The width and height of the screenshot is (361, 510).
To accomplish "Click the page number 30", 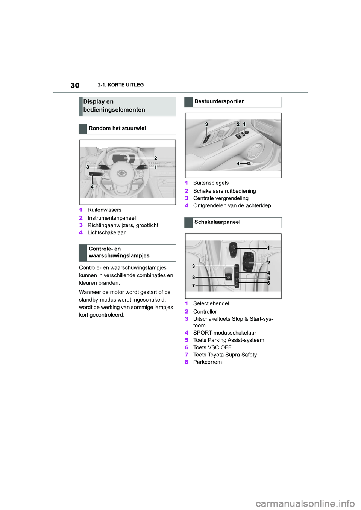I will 75,85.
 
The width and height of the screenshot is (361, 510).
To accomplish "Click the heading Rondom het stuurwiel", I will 117,128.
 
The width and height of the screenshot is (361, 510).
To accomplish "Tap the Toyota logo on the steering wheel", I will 121,173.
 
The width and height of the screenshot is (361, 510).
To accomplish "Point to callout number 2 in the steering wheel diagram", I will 155,158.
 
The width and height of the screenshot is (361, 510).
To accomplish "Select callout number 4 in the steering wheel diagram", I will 92,187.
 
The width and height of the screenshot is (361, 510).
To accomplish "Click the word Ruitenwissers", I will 104,210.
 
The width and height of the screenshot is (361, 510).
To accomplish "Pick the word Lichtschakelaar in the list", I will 106,232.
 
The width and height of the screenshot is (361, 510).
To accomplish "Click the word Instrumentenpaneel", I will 111,218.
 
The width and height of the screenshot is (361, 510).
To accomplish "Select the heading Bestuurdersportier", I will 219,101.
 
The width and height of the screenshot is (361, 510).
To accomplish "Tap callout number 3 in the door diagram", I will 206,124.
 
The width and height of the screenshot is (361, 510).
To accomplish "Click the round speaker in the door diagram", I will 255,151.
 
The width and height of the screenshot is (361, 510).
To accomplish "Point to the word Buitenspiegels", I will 211,183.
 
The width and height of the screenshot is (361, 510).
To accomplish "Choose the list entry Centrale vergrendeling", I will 221,198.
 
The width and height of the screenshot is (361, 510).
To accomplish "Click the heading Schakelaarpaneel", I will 217,222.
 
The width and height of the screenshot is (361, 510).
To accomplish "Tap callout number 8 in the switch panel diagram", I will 194,278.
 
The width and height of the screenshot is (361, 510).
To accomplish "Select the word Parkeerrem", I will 207,362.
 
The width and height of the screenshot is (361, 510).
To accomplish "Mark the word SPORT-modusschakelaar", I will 224,333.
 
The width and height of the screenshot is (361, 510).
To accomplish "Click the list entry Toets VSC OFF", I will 212,347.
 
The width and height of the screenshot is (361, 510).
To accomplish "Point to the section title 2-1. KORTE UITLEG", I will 121,85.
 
